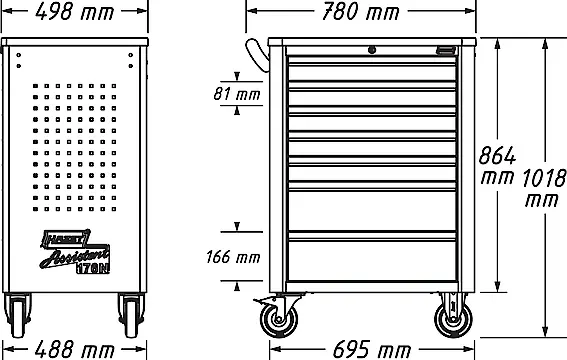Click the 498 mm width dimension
coord(74,12)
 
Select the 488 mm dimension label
coord(74,350)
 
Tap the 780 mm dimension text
coord(361,12)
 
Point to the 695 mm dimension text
coord(371,350)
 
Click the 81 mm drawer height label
coord(237,94)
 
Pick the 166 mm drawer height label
coord(233,257)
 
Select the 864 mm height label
coord(497,165)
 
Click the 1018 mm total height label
coord(544,188)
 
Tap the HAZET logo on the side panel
coord(65,238)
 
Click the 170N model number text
coord(93,269)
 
